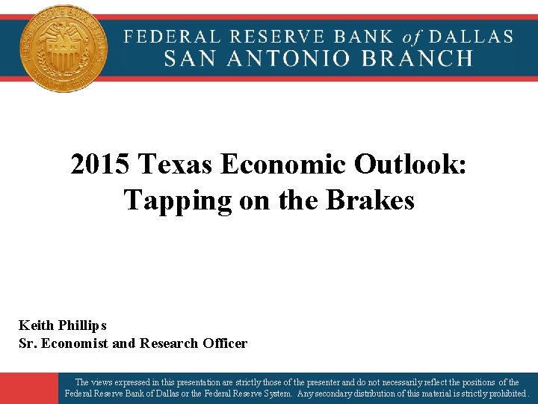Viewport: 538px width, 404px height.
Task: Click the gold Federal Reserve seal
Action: coord(64,49)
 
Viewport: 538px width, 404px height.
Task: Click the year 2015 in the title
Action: coord(102,165)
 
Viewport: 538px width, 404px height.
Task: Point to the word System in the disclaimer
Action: coord(274,393)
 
